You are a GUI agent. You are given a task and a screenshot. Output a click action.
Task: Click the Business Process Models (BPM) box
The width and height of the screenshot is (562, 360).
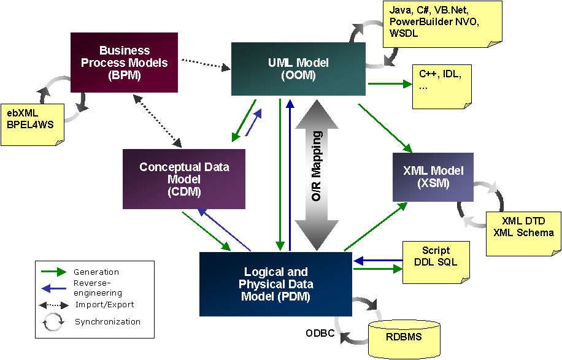[x=124, y=62]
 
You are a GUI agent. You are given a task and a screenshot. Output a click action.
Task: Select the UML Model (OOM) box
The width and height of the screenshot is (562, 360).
[x=298, y=69]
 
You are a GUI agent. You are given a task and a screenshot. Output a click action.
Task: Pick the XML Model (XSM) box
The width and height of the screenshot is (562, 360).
[x=433, y=177]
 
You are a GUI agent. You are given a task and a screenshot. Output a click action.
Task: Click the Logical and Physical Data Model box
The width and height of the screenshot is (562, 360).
[x=275, y=284]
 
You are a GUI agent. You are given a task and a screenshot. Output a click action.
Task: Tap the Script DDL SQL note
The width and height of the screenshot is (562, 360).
[x=436, y=258]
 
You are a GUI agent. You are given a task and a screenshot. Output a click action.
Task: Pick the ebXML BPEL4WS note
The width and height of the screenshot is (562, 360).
[x=31, y=120]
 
